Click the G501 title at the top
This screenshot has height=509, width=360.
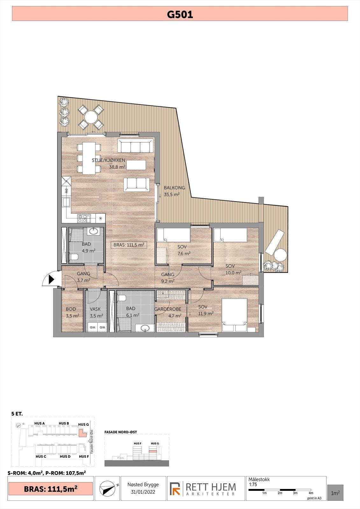(x=180, y=14)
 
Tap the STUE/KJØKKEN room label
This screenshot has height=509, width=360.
(x=108, y=160)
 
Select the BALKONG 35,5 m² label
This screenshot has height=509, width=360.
(x=172, y=191)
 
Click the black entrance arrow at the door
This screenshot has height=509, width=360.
(x=51, y=280)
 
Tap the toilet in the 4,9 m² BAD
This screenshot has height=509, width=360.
(x=74, y=257)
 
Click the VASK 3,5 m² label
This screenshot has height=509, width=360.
(x=95, y=312)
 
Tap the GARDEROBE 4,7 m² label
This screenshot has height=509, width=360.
(x=168, y=312)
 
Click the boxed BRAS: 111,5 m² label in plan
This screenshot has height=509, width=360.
(x=129, y=245)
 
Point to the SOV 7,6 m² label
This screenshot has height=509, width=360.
(x=182, y=250)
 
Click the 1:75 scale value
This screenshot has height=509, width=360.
(x=253, y=485)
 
